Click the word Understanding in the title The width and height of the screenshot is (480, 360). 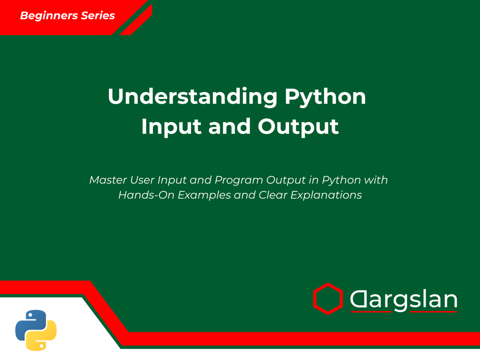tap(192, 96)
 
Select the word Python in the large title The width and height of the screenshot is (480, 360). tap(325, 96)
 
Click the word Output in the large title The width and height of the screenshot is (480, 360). tap(298, 126)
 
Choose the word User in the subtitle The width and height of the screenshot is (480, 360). tap(141, 179)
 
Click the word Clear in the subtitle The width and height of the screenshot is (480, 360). tap(273, 195)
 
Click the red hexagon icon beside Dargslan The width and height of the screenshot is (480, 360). tap(327, 298)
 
